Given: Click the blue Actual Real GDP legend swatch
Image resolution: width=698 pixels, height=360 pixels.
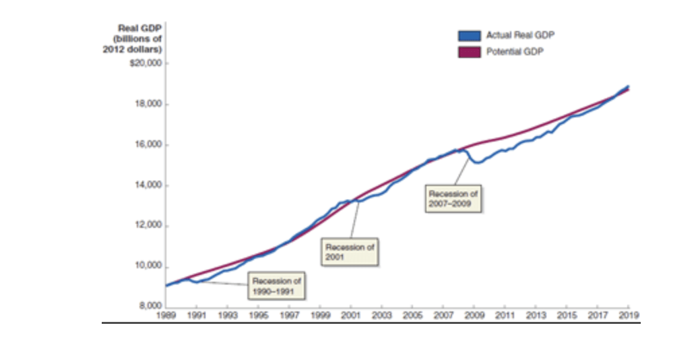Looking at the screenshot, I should point(469,36).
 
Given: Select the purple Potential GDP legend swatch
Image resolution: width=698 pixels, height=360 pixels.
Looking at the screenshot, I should point(469,52).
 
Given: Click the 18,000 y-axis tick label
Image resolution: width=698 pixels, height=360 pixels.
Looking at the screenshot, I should point(149,104).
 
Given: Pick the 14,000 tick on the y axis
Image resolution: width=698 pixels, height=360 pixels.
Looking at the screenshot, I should point(149,185).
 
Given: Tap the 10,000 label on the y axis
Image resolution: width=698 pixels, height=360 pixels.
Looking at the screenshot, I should point(149,266).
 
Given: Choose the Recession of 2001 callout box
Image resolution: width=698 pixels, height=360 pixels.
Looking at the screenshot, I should point(350,252).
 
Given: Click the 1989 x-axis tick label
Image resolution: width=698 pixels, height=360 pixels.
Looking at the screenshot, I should point(166,315).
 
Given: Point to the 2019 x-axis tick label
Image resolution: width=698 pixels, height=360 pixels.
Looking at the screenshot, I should point(629,315).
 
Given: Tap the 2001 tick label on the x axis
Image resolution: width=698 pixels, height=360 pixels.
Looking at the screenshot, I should point(351,315).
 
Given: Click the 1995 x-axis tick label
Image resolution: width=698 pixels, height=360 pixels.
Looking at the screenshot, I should point(258,315).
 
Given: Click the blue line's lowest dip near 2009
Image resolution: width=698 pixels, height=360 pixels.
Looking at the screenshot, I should point(476,162).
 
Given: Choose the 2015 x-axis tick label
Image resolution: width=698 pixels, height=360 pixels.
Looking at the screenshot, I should point(567,315).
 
